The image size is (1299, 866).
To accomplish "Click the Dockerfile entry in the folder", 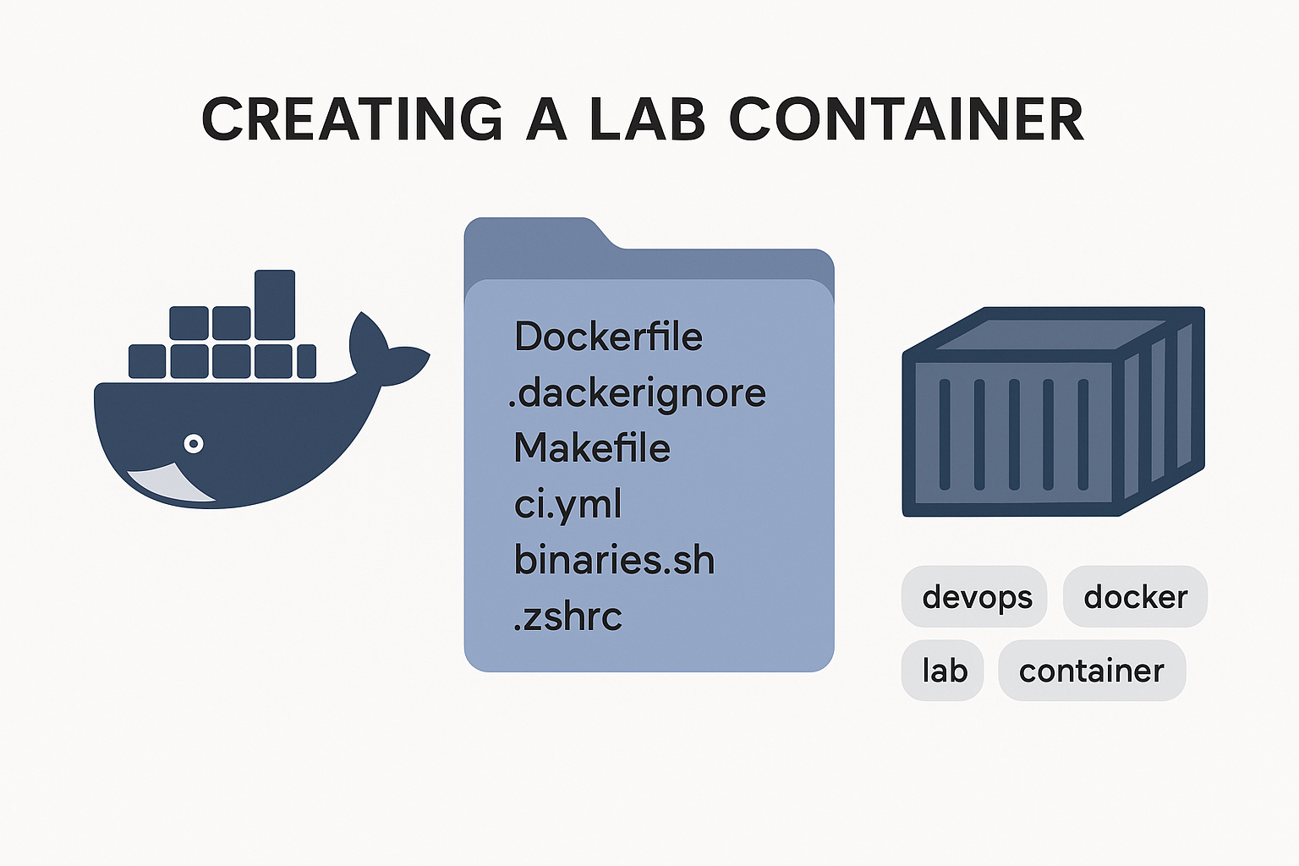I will [608, 337].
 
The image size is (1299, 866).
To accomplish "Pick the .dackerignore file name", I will [637, 393].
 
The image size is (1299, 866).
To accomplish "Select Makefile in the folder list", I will [592, 448].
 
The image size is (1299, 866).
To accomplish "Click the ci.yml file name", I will [567, 504].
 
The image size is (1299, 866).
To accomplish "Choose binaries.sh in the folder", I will [614, 560].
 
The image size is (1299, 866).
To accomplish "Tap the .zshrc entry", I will [567, 617].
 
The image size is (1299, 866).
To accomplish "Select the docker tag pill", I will [1135, 597].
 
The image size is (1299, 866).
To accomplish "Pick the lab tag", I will [943, 671].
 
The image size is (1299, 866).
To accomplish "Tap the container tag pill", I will [1092, 671].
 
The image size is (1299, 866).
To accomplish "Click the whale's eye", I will [194, 443].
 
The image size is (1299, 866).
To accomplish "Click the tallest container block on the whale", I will [275, 304].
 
